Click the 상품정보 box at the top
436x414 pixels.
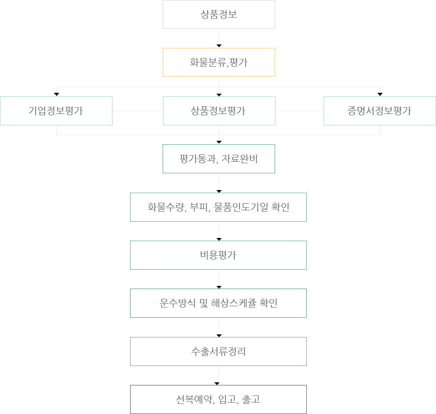pyautogui.click(x=219, y=14)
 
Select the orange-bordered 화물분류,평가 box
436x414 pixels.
pyautogui.click(x=219, y=62)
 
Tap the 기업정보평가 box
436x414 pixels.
pyautogui.click(x=56, y=111)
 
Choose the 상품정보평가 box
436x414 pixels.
pyautogui.click(x=219, y=111)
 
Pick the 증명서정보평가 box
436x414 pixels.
pyautogui.click(x=380, y=111)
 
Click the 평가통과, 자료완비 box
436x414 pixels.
pyautogui.click(x=219, y=159)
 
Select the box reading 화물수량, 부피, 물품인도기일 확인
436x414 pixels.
pyautogui.click(x=218, y=207)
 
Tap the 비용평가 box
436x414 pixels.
pyautogui.click(x=218, y=255)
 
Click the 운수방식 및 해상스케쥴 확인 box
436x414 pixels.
pyautogui.click(x=218, y=303)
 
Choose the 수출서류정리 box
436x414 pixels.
pyautogui.click(x=218, y=352)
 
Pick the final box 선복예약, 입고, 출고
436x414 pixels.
pyautogui.click(x=218, y=399)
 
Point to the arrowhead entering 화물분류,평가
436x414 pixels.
pyautogui.click(x=219, y=46)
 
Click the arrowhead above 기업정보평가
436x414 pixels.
pyautogui.click(x=56, y=95)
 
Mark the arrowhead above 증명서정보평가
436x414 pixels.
pyautogui.click(x=380, y=95)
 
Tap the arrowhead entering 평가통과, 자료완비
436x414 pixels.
pyautogui.click(x=219, y=142)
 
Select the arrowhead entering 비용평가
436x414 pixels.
pyautogui.click(x=219, y=239)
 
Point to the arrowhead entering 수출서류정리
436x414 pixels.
pyautogui.click(x=219, y=336)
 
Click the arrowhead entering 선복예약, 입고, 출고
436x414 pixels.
pyautogui.click(x=217, y=384)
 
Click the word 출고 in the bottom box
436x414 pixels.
pyautogui.click(x=251, y=399)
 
